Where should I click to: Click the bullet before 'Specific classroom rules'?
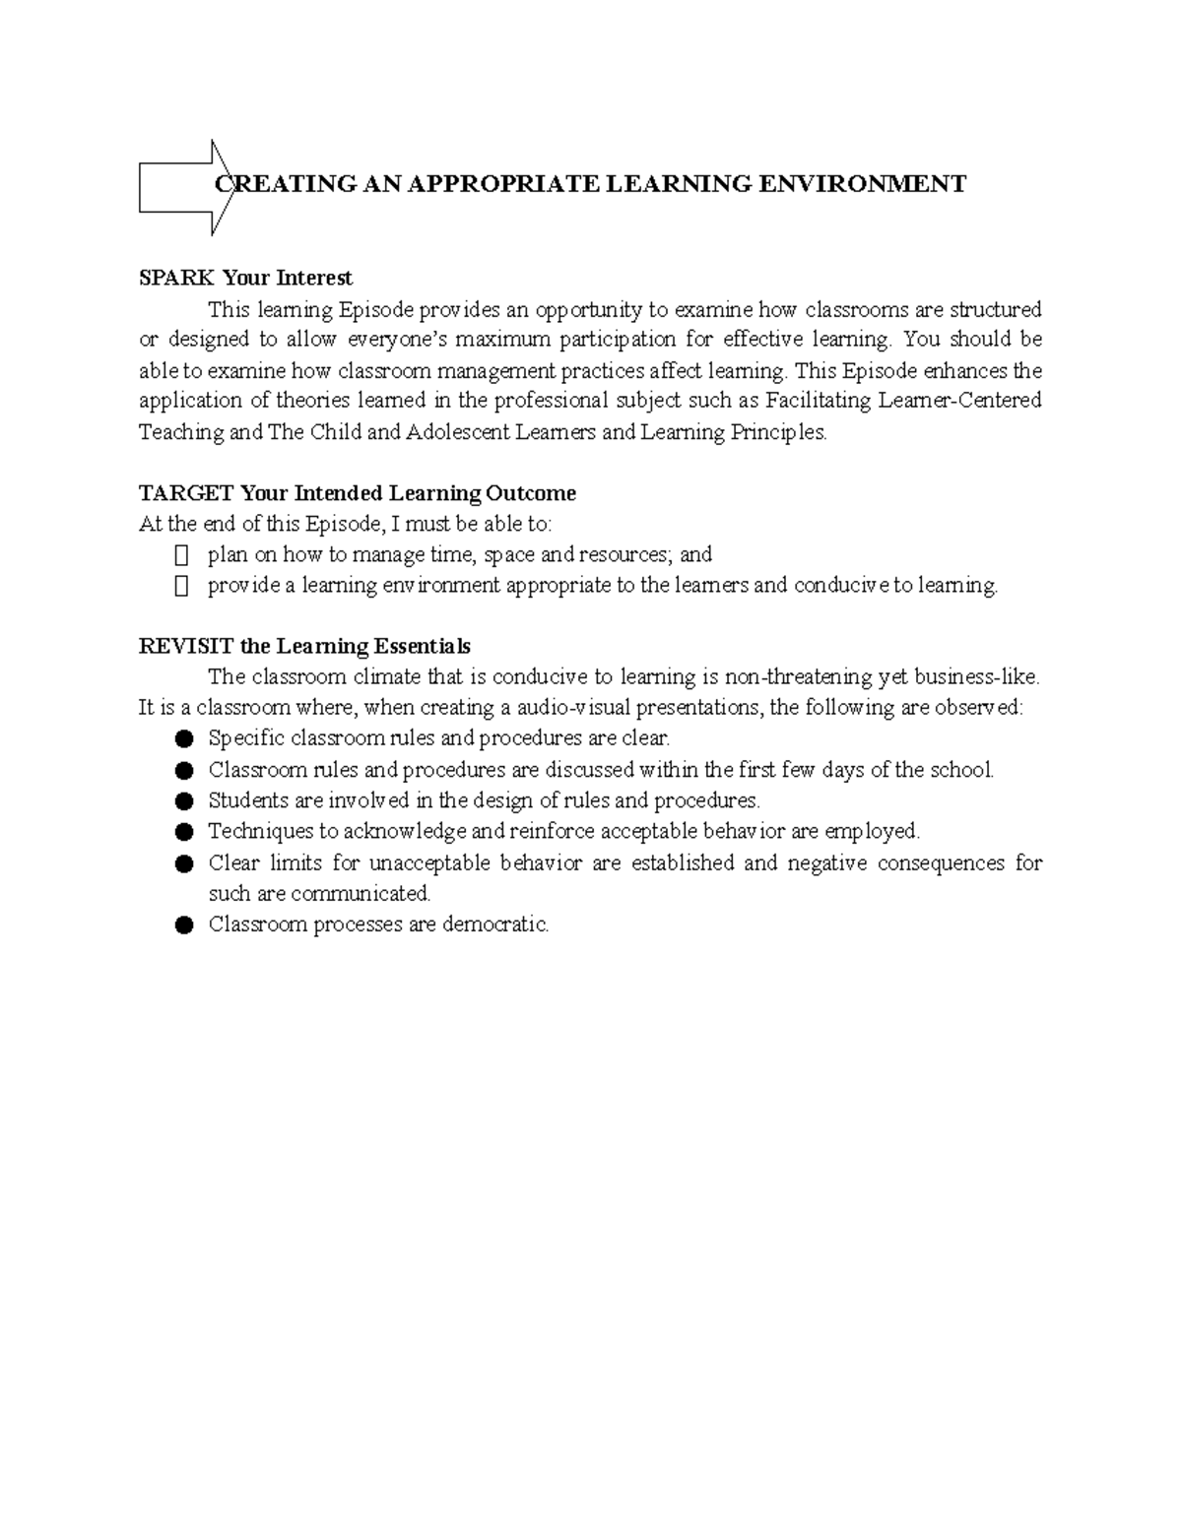pos(183,738)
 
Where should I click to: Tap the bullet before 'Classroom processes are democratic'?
pos(183,925)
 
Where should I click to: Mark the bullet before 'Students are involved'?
pos(183,801)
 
